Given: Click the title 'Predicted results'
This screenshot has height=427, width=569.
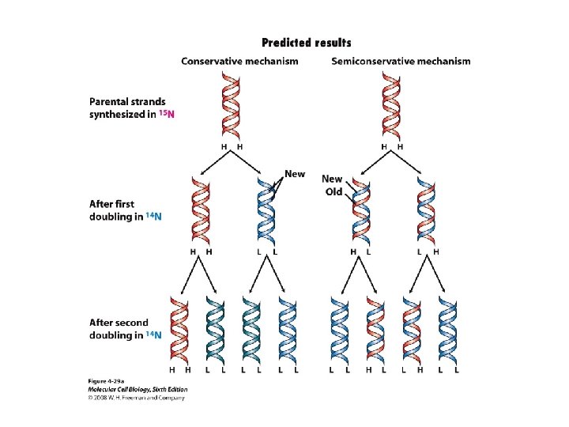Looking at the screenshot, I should [306, 43].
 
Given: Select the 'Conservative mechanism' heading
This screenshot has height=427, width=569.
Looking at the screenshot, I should [239, 61].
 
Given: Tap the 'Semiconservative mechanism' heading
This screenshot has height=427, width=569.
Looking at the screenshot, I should [401, 61].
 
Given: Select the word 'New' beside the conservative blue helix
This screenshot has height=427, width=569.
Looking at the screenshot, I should [294, 174].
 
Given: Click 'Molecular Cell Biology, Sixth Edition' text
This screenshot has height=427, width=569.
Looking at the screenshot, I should [137, 390].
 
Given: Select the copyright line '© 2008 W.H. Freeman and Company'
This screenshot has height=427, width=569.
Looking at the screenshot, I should [136, 398].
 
